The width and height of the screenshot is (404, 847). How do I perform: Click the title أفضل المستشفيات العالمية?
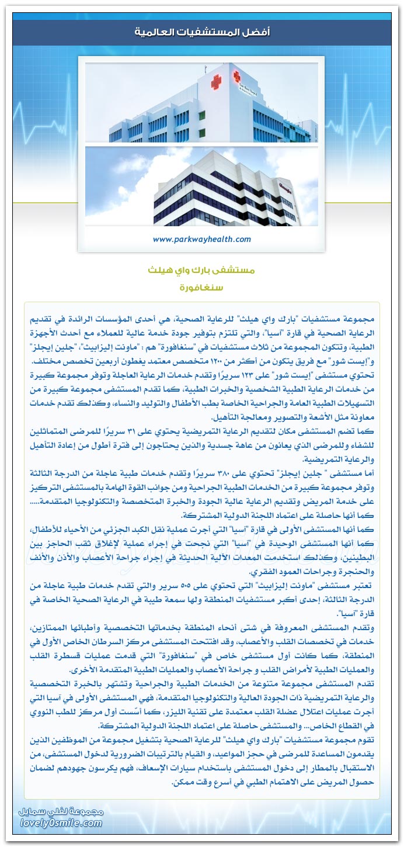202,32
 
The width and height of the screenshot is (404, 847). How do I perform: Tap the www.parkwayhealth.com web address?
201,239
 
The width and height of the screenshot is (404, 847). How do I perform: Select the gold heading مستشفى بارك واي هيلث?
201,271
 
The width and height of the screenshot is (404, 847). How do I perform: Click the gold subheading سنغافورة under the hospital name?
202,288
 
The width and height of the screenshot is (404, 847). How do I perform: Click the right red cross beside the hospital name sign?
238,75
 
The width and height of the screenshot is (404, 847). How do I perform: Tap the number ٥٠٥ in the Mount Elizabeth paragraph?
199,585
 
